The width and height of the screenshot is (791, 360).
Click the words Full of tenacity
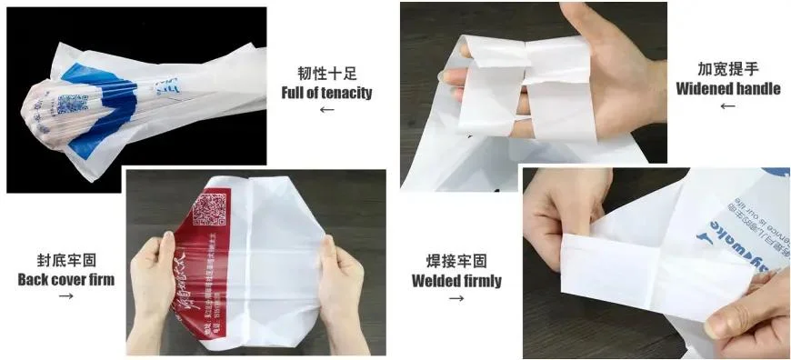[x=326, y=92]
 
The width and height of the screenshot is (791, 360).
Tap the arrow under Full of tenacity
[x=326, y=110]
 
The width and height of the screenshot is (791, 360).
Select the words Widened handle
[x=727, y=88]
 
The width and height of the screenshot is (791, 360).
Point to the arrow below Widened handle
[x=727, y=106]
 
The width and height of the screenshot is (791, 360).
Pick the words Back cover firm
[x=66, y=279]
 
